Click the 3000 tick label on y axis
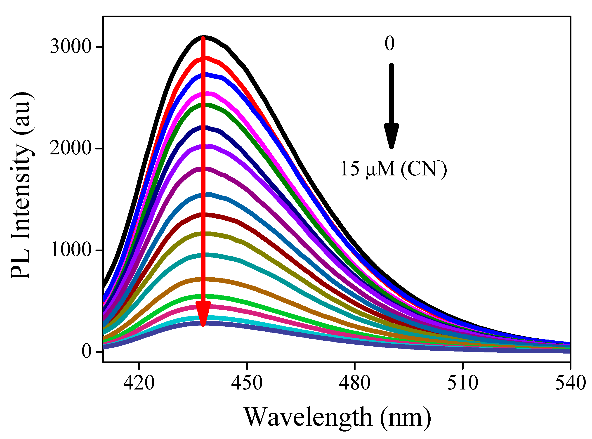71,47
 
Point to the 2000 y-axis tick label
71,148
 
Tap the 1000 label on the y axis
71,250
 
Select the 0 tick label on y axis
86,351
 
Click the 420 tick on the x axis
139,383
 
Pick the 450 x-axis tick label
247,383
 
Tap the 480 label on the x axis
355,383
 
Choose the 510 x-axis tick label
463,383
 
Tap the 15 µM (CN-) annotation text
393,169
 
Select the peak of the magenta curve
209,94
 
